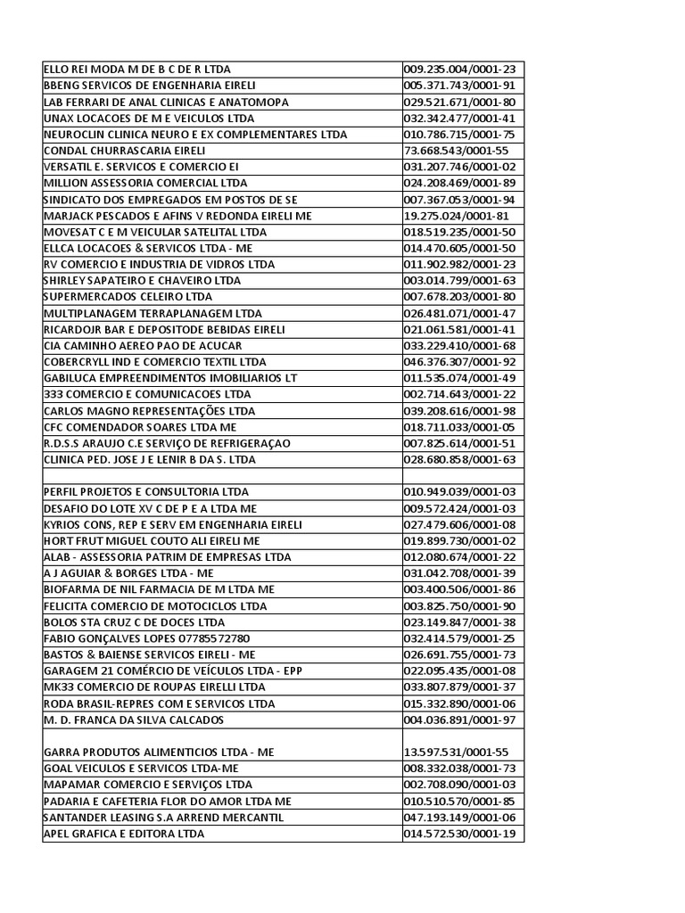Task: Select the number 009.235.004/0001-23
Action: pos(465,70)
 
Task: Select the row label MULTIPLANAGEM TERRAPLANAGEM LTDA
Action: pos(148,313)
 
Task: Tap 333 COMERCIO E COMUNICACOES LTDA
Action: pos(147,394)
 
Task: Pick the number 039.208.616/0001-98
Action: pos(465,411)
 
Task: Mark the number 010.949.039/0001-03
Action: pos(465,492)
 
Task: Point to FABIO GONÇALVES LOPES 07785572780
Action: pos(147,638)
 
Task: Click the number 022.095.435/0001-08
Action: pos(465,670)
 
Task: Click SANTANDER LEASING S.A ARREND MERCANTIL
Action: pos(164,818)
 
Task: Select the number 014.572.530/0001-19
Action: pos(465,834)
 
